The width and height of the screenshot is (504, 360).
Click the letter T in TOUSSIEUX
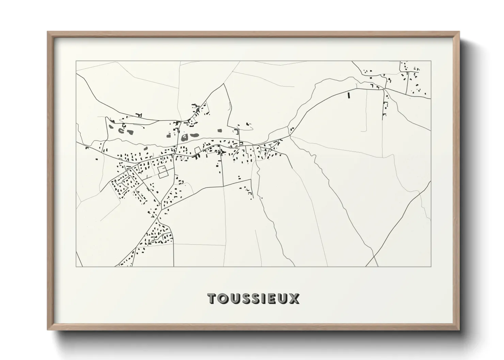(x=212, y=298)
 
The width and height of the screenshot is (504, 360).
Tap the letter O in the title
(x=222, y=298)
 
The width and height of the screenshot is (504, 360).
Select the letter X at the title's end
(x=294, y=298)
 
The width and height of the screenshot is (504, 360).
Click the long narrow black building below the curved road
(x=348, y=95)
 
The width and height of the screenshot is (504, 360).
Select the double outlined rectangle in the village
(x=163, y=171)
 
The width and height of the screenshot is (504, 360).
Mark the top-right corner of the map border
(x=431, y=61)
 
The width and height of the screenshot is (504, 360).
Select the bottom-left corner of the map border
(x=76, y=266)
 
